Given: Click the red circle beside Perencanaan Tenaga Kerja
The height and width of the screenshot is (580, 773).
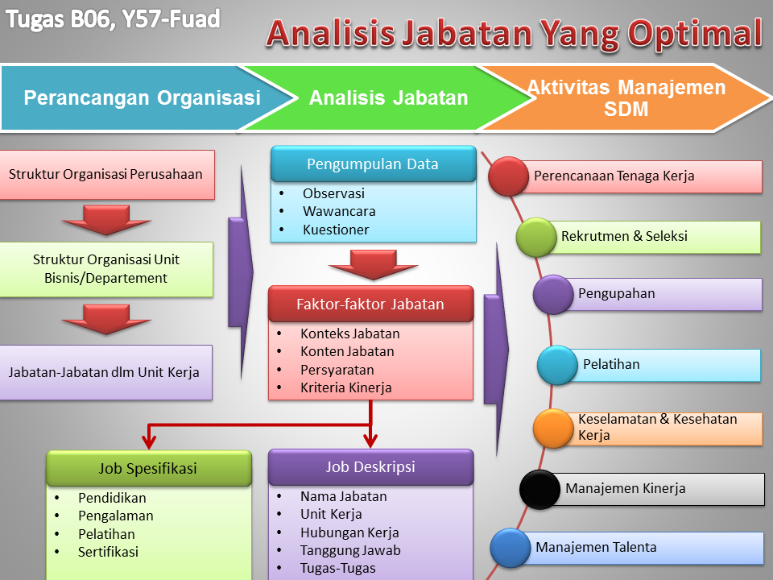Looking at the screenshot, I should pos(509,176).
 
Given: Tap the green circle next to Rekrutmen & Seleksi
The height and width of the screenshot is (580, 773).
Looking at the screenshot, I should pos(536,237).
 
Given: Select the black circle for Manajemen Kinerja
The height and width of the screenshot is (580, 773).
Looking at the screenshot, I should pos(539,489).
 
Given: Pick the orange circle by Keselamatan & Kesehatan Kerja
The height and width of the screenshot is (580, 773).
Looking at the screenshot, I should pos(552,429).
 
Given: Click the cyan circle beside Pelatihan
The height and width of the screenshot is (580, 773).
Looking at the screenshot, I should pos(557,365).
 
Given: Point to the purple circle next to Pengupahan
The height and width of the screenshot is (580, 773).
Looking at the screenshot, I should pos(552,294).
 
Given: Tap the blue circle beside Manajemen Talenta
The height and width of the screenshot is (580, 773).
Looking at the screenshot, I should pos(510,548).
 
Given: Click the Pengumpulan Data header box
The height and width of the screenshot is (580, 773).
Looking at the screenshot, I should pos(373,164).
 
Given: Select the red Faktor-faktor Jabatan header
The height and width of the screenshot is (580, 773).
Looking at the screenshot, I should pos(370,304).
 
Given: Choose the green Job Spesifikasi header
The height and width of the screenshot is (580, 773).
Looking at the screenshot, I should pos(148,468).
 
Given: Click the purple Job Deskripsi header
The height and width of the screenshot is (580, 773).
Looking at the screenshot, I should pos(370,466).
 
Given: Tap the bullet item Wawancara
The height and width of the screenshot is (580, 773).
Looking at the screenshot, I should pos(339,212).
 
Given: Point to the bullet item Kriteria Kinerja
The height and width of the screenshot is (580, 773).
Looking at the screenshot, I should pos(345,387).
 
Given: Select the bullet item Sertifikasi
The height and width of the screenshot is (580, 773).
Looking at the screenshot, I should pos(108,552).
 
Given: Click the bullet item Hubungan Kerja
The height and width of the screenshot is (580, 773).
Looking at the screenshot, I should pos(349,532).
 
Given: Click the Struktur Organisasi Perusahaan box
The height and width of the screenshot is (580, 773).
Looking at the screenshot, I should pos(105,174).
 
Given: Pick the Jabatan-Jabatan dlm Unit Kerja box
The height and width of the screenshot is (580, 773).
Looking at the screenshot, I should pos(105,372).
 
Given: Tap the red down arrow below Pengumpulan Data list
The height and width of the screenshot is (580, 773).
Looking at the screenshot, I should pos(373,264).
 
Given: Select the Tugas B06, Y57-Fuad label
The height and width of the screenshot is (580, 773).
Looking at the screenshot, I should pos(113,19).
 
